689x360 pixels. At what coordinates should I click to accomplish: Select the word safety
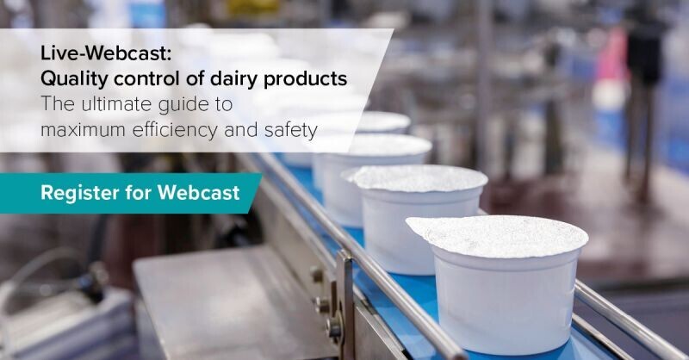[x=289, y=130]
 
